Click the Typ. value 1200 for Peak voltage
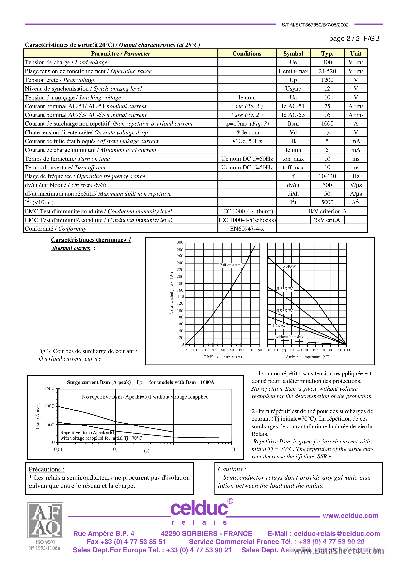pos(327,80)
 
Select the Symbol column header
pos(293,53)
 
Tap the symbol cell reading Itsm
pos(293,124)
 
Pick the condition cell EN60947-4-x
pos(247,229)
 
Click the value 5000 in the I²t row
pos(327,202)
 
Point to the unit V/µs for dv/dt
pos(356,185)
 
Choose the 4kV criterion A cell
pos(327,211)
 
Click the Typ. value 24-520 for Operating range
pos(327,71)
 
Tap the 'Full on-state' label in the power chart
pos(230,265)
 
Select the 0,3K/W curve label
pos(289,266)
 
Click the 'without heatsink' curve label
pos(289,337)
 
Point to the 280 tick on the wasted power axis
pos(180,250)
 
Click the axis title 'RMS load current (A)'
pos(223,357)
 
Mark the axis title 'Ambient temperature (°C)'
pos(307,357)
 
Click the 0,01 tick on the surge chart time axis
pos(58,449)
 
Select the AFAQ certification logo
pos(45,520)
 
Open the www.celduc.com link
pos(350,516)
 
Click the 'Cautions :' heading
pos(232,469)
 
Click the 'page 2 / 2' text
pos(344,39)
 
